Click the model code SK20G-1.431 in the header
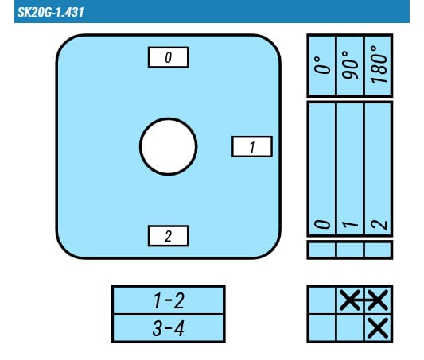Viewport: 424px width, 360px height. pos(51,12)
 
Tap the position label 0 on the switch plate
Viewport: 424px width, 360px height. pos(168,57)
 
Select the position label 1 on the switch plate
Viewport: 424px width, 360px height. pos(252,147)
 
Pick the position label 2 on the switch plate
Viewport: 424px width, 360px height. pos(168,236)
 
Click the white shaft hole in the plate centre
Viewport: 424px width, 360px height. pos(168,146)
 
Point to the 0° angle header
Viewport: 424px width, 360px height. pos(322,65)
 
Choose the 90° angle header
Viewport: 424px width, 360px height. pos(350,65)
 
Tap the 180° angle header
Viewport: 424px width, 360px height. pos(379,64)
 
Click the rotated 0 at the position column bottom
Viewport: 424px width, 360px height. pos(322,224)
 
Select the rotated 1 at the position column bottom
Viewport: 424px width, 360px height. pos(350,224)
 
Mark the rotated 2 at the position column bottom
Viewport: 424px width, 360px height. pos(379,224)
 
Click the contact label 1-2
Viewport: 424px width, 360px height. pos(169,300)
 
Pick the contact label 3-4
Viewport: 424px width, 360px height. pos(169,328)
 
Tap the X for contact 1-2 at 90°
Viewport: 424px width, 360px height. pos(350,300)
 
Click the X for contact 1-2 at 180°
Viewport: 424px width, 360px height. pos(378,300)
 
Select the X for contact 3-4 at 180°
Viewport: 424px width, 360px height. pos(378,328)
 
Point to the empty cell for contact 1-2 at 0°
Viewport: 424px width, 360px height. pos(322,300)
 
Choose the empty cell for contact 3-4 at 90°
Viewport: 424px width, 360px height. pos(350,328)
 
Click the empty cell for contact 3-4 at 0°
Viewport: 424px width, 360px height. pos(322,328)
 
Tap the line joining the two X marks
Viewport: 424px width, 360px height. pos(364,300)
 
